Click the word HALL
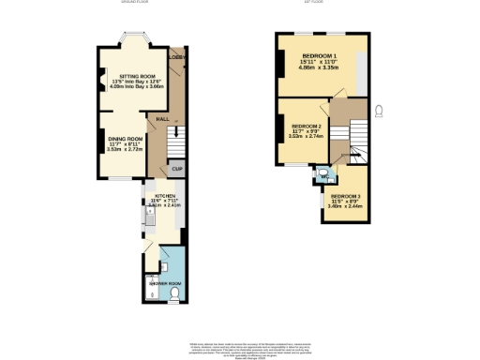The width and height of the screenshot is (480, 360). click(x=161, y=120)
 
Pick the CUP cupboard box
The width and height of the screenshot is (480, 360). click(x=175, y=169)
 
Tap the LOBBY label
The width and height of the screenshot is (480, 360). click(x=174, y=57)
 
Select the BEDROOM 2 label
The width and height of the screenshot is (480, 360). click(x=306, y=126)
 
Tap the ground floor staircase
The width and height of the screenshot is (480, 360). click(x=173, y=142)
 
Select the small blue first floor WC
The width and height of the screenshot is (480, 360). click(x=322, y=172)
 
